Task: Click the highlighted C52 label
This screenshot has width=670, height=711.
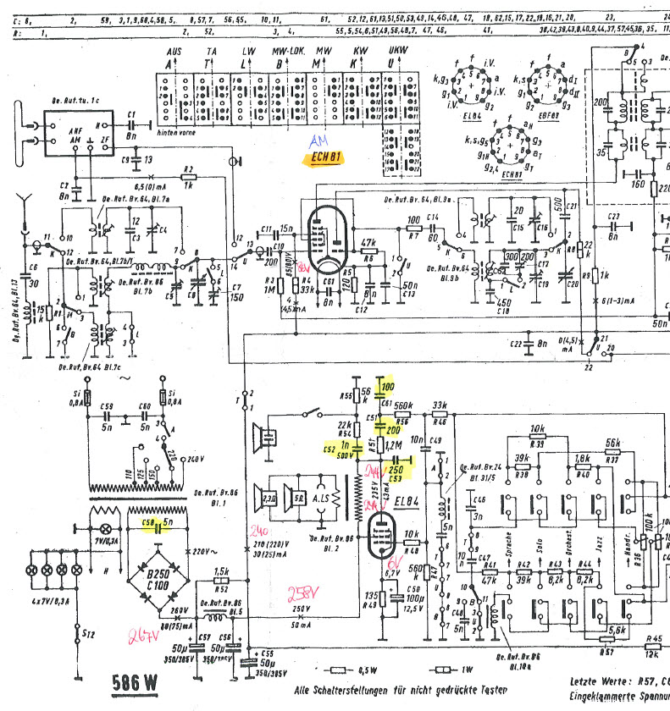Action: (333, 449)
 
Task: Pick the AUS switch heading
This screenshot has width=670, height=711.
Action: (174, 52)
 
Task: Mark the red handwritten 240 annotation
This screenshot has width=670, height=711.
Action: (258, 531)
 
